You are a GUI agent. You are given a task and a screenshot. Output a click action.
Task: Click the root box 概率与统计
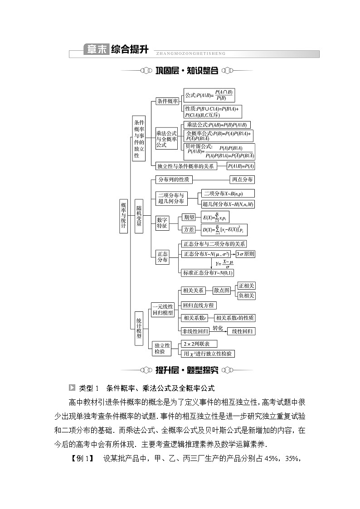124,216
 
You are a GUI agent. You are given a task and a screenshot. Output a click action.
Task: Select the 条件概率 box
167,101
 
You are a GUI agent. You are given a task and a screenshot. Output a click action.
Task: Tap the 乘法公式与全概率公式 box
166,139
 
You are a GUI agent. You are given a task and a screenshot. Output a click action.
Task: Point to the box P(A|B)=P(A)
241,166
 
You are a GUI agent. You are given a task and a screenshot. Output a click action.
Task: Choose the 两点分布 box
242,179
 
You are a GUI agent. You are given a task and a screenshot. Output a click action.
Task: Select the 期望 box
188,217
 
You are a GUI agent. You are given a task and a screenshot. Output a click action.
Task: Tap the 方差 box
188,230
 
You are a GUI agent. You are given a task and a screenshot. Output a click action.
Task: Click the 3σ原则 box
245,254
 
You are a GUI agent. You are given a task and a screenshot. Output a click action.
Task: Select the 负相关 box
246,296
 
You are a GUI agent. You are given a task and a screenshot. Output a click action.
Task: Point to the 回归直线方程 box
198,305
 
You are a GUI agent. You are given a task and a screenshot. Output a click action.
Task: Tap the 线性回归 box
241,331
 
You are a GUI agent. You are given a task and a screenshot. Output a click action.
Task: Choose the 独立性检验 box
162,349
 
